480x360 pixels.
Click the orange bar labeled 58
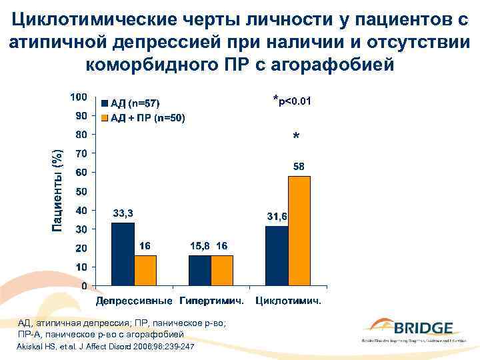[299, 231]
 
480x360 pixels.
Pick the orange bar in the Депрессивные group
[145, 271]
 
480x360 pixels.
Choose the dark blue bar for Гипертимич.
[200, 271]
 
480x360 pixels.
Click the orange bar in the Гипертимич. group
[222, 271]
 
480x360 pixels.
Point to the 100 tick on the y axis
[79, 97]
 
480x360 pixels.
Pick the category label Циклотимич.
[289, 301]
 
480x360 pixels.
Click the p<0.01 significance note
[295, 101]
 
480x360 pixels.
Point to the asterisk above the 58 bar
[296, 137]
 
